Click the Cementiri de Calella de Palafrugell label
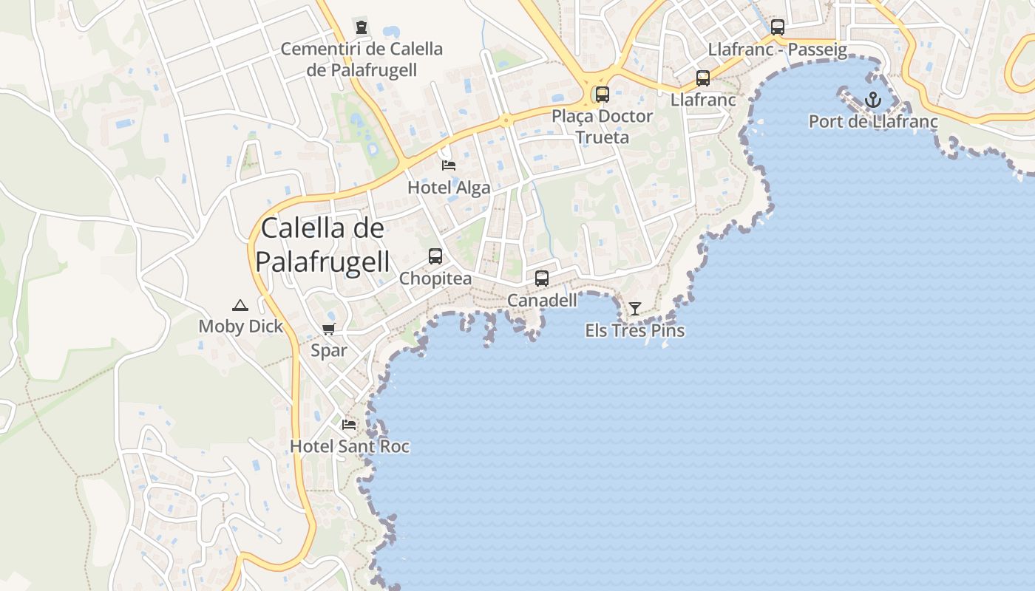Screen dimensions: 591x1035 pos(362,59)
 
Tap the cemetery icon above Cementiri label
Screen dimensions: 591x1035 pos(362,28)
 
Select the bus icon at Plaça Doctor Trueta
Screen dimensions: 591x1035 pos(603,95)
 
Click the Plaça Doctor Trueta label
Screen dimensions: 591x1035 pos(603,126)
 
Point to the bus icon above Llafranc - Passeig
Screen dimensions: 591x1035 pos(778,28)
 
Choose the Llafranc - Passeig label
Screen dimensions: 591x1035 pos(778,49)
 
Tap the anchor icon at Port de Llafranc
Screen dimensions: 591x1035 pos(873,100)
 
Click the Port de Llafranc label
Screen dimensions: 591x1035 pos(873,121)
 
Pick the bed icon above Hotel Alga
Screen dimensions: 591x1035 pos(449,165)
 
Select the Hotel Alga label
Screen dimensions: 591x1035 pos(449,188)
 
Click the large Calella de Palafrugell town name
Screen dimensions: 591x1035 pos(322,244)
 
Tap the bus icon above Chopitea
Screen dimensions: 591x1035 pos(435,256)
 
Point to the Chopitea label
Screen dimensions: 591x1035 pos(435,279)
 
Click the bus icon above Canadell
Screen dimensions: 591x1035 pos(542,279)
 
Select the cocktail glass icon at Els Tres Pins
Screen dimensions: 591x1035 pos(635,309)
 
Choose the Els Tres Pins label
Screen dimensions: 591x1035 pos(635,331)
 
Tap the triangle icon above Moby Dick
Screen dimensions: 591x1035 pos(240,305)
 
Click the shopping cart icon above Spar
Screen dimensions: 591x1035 pos(329,329)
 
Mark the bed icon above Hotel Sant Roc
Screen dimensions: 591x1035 pos(349,425)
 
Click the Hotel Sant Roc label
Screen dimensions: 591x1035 pos(349,446)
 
